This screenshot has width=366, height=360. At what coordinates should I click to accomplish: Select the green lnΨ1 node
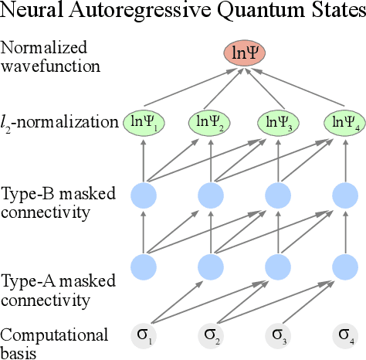[x=144, y=121]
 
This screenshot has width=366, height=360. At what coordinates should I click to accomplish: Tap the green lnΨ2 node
[x=211, y=121]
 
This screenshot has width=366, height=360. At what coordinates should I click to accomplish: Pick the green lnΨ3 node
[x=278, y=121]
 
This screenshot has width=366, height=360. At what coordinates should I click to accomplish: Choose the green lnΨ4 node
[x=344, y=121]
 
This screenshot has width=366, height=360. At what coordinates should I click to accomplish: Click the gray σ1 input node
[x=144, y=336]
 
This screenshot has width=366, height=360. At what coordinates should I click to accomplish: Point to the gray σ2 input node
[x=211, y=336]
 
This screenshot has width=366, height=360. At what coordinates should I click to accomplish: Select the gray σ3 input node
[x=278, y=336]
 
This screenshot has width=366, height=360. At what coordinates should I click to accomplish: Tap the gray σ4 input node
[x=344, y=336]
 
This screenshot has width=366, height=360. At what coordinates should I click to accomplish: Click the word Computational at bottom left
[x=55, y=335]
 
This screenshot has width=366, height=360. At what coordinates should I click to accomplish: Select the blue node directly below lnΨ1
[x=144, y=193]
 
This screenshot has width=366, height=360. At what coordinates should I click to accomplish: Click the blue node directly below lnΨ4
[x=344, y=193]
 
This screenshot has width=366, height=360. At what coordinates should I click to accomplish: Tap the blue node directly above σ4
[x=344, y=267]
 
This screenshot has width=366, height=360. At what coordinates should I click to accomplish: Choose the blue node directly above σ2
[x=211, y=267]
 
